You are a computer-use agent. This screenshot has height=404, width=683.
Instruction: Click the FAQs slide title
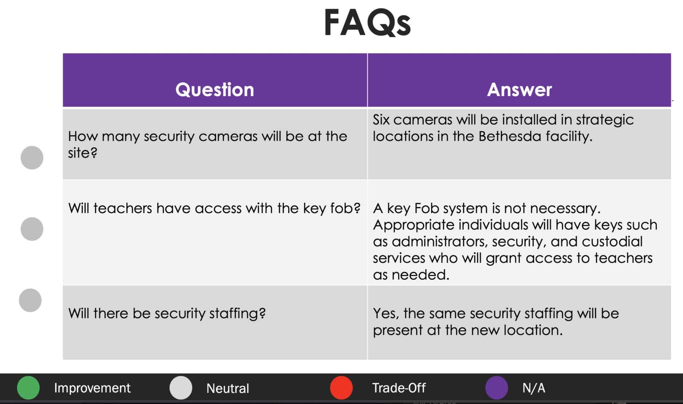(x=367, y=23)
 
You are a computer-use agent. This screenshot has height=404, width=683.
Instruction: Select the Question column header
(x=215, y=89)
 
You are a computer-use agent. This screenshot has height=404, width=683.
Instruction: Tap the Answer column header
(x=519, y=89)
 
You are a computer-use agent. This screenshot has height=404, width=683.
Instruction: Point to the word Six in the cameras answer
(x=381, y=119)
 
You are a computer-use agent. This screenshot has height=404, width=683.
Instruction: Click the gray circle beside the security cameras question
(x=32, y=157)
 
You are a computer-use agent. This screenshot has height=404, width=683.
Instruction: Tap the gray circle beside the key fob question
(x=32, y=229)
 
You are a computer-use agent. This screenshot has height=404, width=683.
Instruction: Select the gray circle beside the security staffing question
(x=30, y=300)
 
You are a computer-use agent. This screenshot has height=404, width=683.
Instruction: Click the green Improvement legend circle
(x=28, y=388)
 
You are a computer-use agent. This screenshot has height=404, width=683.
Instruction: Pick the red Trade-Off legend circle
(x=341, y=388)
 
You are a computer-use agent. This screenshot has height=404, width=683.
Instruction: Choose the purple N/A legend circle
(x=497, y=388)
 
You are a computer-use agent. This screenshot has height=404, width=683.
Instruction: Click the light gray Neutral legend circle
(x=181, y=388)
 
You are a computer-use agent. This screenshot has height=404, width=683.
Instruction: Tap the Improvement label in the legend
(x=92, y=388)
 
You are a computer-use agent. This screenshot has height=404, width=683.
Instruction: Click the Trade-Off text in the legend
(x=399, y=388)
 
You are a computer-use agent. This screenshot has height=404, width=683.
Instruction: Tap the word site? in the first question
(x=83, y=153)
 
